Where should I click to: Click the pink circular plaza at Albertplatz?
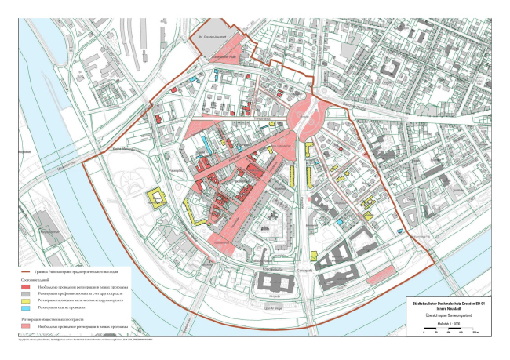(302, 118)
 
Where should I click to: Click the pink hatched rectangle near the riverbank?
(379, 276)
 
